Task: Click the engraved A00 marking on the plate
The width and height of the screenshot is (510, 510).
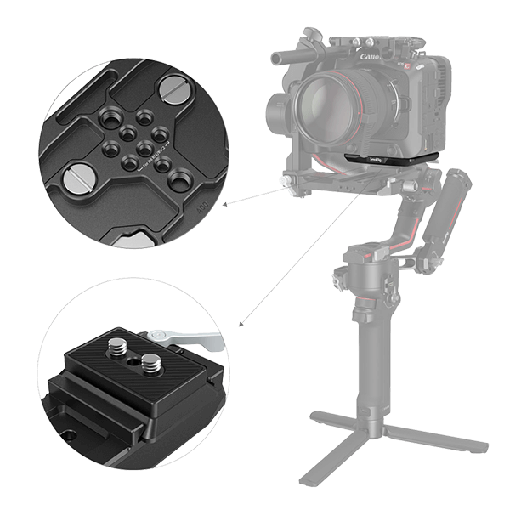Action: point(201,205)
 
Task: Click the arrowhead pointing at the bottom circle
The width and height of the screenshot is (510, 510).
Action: point(241,324)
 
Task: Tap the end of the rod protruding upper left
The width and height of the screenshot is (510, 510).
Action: point(275,58)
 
